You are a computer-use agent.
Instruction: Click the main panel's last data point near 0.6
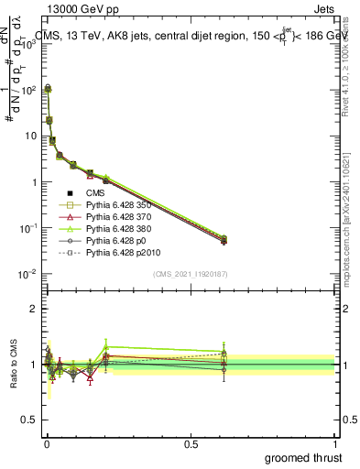coord(224,240)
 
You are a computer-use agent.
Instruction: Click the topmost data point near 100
coord(48,89)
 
